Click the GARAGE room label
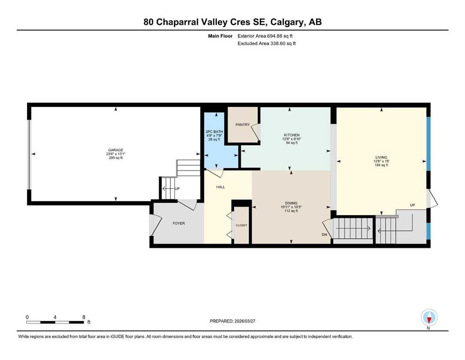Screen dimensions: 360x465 pyautogui.click(x=116, y=150)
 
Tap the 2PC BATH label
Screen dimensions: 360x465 pyautogui.click(x=215, y=132)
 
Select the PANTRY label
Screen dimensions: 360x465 pyautogui.click(x=242, y=125)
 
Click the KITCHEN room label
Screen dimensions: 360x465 pyautogui.click(x=291, y=135)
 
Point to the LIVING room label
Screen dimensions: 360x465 pyautogui.click(x=382, y=157)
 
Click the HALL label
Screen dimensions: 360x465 pyautogui.click(x=220, y=187)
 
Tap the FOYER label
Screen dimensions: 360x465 pyautogui.click(x=179, y=223)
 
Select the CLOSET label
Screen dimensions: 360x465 pyautogui.click(x=241, y=225)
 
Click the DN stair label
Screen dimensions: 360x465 pyautogui.click(x=324, y=235)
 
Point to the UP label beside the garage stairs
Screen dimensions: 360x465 pyautogui.click(x=177, y=189)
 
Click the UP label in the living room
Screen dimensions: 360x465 pyautogui.click(x=412, y=205)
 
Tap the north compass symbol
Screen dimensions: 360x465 pyautogui.click(x=429, y=318)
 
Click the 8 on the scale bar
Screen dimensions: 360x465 pyautogui.click(x=83, y=317)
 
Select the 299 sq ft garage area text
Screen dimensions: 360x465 pyautogui.click(x=116, y=158)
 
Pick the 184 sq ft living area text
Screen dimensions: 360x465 pyautogui.click(x=382, y=165)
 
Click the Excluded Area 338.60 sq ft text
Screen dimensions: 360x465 pyautogui.click(x=267, y=43)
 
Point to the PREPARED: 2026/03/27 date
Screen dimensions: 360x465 pyautogui.click(x=232, y=321)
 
